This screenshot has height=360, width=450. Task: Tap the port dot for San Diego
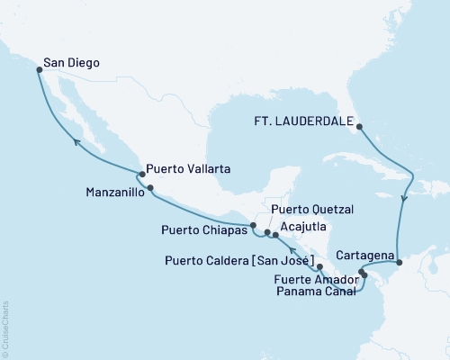(38, 68)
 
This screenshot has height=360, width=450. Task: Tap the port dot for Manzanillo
(151, 188)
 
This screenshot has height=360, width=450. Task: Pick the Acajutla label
(304, 228)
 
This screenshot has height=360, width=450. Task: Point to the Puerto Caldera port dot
(320, 267)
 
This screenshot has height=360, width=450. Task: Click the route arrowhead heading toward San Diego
(77, 142)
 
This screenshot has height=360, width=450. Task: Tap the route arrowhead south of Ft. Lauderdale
(403, 201)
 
